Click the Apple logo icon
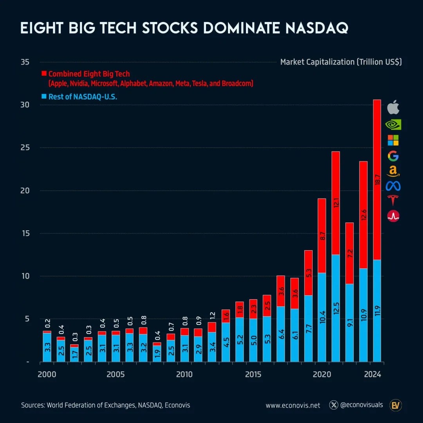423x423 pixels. click(x=393, y=107)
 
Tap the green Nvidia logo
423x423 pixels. click(x=393, y=125)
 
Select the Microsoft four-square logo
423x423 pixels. click(x=393, y=140)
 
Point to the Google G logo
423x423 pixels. click(x=393, y=156)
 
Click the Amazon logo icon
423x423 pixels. click(x=393, y=171)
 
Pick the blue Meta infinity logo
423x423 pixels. click(x=393, y=186)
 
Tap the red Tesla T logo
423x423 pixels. click(x=393, y=200)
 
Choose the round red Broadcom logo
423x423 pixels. click(x=393, y=216)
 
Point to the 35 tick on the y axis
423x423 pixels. click(x=26, y=62)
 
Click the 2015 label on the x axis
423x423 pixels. click(x=253, y=374)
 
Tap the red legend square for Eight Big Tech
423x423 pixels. click(x=44, y=74)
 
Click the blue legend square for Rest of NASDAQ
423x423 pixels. click(x=44, y=96)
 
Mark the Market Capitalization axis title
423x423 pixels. click(x=341, y=62)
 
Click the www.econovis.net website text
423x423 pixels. click(x=293, y=405)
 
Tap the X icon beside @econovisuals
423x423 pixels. click(x=334, y=405)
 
